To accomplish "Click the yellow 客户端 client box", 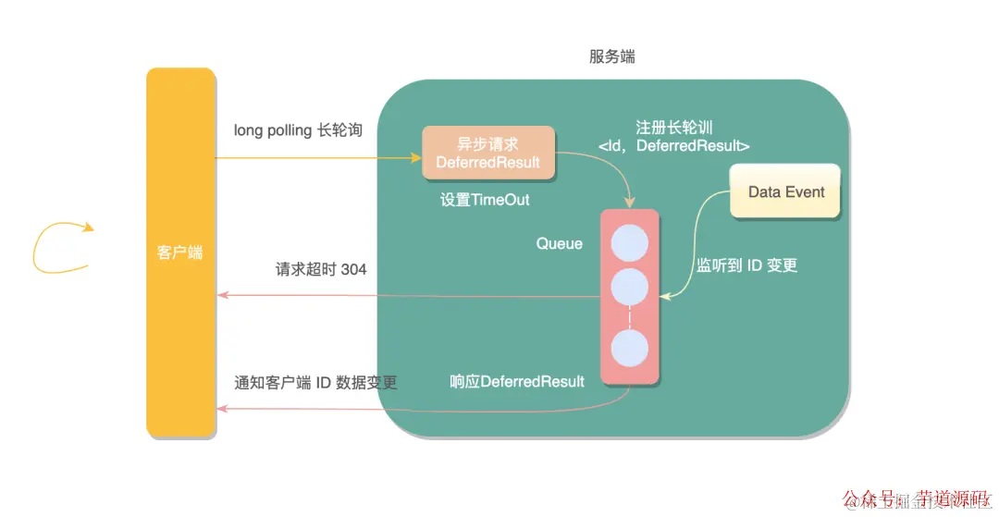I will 180,252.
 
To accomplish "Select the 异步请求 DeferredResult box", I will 488,153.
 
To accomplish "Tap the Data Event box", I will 785,191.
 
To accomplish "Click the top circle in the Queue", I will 630,239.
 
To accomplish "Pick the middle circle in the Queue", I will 630,288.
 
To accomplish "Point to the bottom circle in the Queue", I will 630,350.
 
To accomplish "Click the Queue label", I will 560,243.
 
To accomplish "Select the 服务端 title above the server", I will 612,56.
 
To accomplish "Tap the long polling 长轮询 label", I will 298,130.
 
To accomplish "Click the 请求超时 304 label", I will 321,269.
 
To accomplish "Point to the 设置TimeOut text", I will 485,200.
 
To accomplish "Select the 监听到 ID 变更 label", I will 746,265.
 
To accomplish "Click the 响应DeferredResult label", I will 517,381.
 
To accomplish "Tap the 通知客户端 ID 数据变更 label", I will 315,382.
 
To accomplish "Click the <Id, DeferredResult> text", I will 673,146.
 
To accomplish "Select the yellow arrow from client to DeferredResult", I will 314,157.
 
